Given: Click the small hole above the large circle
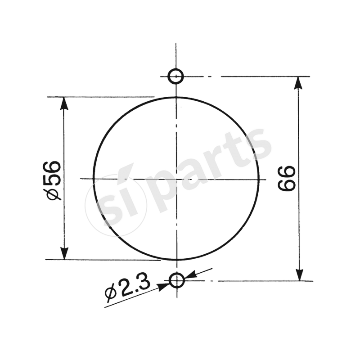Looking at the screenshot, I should click(175, 76).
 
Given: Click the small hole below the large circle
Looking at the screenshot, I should click(177, 281).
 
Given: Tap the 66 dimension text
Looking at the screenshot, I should click(287, 178).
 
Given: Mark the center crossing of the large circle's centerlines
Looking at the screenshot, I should click(176, 179).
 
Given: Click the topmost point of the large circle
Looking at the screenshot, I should click(176, 97).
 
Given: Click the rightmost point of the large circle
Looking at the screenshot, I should click(260, 179).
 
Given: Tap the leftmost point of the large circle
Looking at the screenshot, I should click(94, 179).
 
